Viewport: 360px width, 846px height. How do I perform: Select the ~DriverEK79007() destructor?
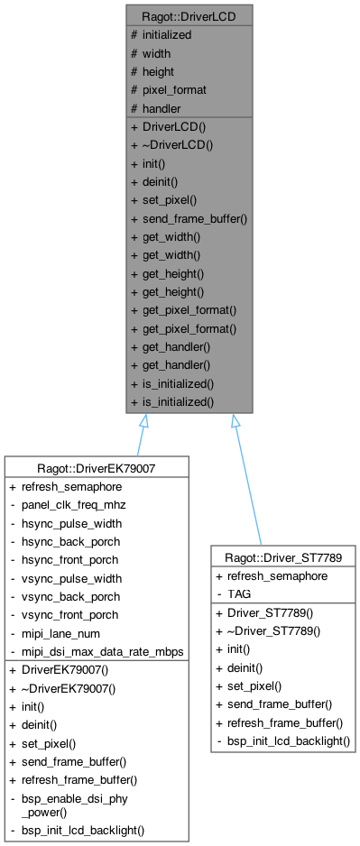coord(69,688)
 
